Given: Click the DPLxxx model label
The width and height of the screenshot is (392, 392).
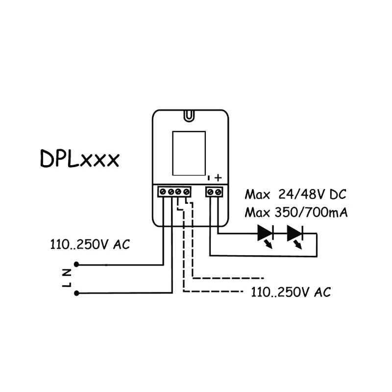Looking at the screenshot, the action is pos(79,158).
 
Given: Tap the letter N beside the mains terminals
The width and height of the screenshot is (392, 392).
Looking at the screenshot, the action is pos(67,273).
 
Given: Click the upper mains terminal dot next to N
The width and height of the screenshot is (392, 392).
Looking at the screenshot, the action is pos(76,264).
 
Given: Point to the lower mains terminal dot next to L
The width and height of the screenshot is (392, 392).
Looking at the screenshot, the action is pos(76,293).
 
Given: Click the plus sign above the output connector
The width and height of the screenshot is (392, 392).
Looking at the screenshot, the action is pos(218,178).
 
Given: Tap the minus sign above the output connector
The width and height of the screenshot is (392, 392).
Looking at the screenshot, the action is pos(209,178).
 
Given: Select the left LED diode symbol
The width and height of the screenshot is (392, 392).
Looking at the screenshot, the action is pos(266,236).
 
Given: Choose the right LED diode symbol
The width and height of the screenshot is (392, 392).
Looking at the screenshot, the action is pos(295,236).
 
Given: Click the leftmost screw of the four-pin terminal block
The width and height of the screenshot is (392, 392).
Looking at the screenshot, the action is pos(163,192).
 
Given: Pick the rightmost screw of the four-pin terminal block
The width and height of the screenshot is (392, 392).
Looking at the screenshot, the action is pos(186,192).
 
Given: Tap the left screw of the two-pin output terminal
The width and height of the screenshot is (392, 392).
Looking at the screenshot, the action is pos(211,192).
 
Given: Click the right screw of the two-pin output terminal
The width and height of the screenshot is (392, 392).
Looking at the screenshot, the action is pos(218,192).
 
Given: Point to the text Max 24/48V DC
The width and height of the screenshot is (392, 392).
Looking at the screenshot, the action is pos(295,194).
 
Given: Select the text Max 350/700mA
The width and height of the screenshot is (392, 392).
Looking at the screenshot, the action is pos(296,213).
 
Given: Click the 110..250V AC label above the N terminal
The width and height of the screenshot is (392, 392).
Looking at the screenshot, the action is pos(90,244).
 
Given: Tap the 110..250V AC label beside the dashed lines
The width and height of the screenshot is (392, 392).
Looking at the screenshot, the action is pos(291,292).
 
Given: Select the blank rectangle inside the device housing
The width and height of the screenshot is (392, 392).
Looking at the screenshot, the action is pos(189,153).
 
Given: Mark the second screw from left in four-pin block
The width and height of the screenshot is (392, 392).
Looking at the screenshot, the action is pos(171,192).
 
